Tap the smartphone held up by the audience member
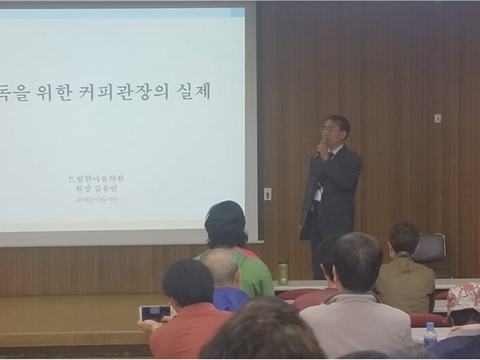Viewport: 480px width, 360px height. [x=154, y=313]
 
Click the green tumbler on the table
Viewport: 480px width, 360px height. [x=283, y=271]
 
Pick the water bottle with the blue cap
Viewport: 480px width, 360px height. [x=429, y=334]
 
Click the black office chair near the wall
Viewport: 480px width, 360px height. [x=430, y=250]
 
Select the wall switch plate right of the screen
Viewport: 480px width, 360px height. [x=267, y=194]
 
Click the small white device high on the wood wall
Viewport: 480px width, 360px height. [x=437, y=118]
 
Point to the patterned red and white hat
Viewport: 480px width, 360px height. [x=464, y=297]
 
